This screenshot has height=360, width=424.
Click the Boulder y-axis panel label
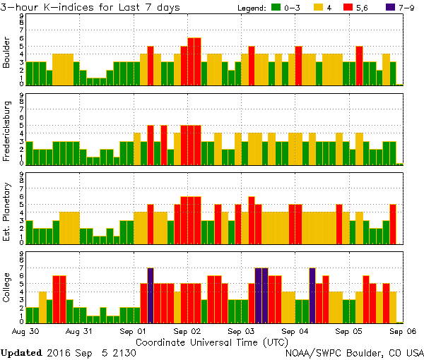click(8, 53)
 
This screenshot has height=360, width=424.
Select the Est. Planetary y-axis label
click(8, 211)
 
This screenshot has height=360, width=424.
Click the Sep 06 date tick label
click(403, 330)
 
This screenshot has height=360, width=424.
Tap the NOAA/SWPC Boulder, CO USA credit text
click(354, 352)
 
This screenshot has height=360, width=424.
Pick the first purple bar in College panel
click(151, 294)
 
